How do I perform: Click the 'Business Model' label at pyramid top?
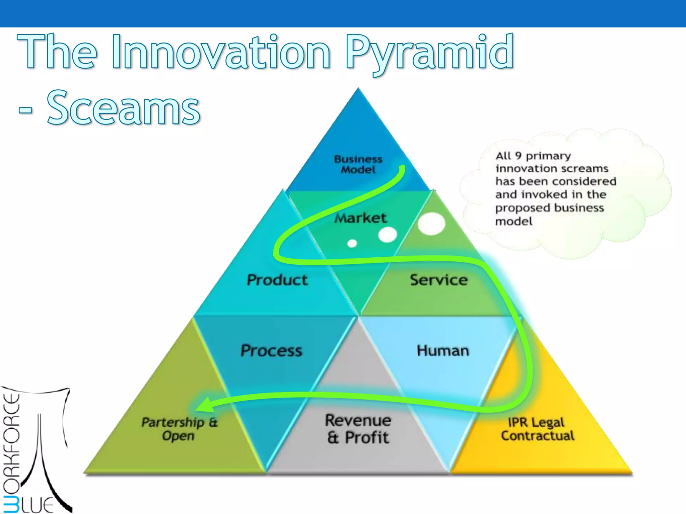pos(358,164)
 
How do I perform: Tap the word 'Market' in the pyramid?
pos(360,218)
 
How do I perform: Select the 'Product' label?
pos(277,280)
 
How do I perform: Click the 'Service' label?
pos(438,280)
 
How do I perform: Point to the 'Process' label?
pos(271,350)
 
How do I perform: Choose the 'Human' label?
pos(443,350)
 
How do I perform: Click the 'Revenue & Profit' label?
pos(358,429)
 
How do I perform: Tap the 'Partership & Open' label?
pos(179,429)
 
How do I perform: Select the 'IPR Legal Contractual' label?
pos(537,429)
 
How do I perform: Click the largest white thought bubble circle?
pos(431,224)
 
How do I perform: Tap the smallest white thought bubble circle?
pos(352,243)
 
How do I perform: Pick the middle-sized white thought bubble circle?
pos(388,235)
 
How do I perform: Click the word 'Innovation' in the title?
pos(221,52)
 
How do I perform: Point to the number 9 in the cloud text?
pos(518,156)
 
